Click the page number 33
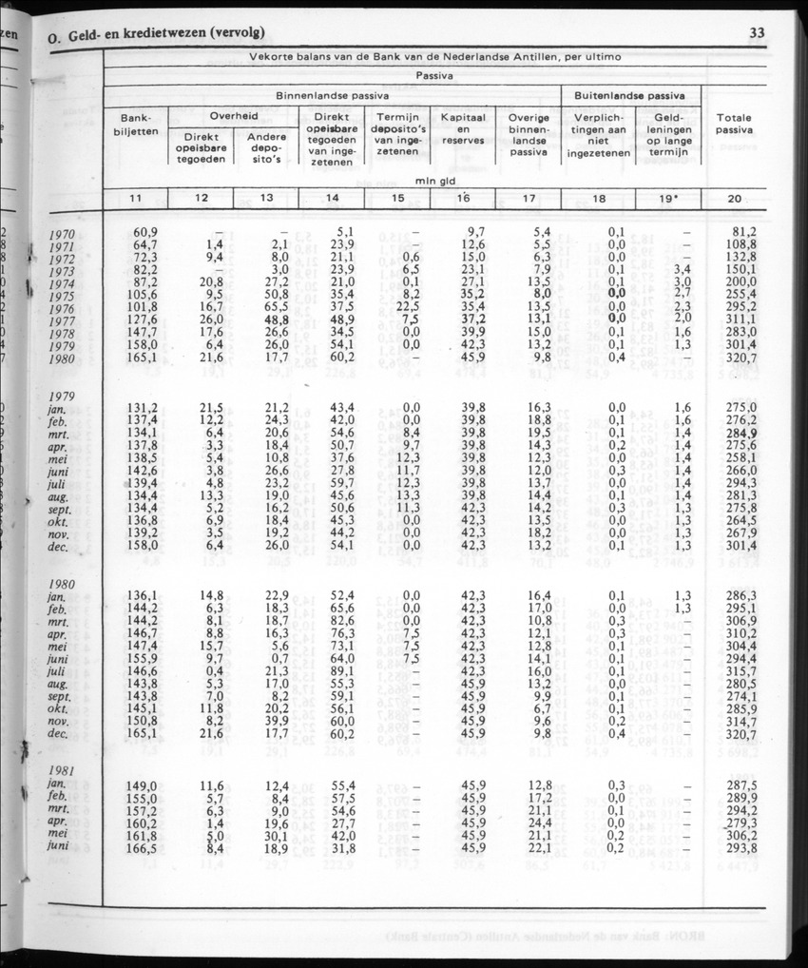(757, 33)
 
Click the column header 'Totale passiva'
(734, 124)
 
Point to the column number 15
(397, 198)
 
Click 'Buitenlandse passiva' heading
(631, 96)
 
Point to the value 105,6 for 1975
(139, 296)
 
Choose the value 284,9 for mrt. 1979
(740, 433)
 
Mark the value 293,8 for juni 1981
(740, 846)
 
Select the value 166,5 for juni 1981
(139, 846)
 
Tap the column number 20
(733, 198)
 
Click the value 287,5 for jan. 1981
(740, 784)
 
